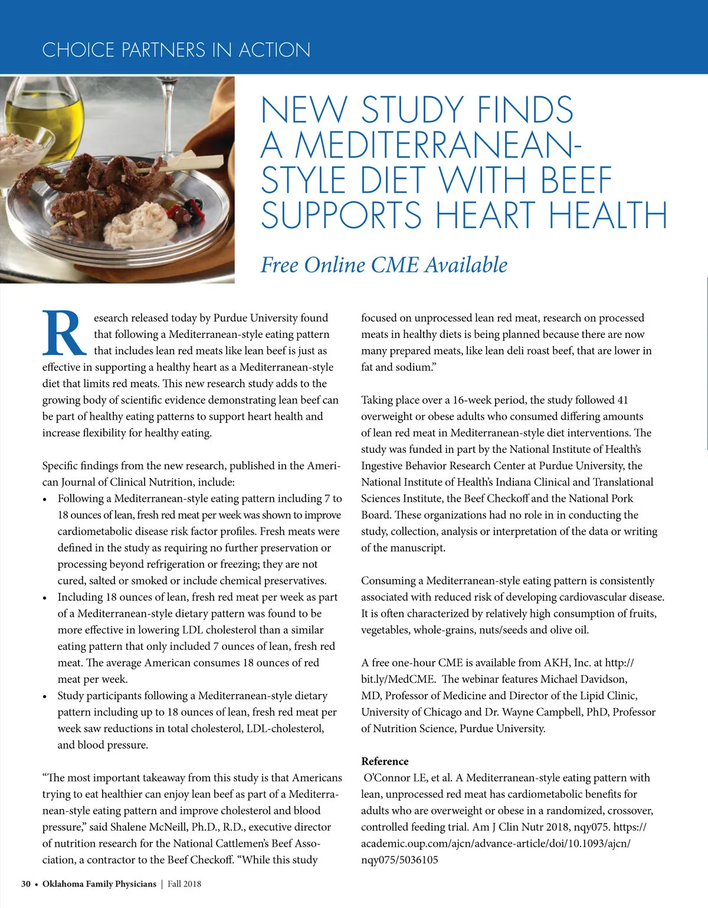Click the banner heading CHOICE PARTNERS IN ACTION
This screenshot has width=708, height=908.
(x=176, y=50)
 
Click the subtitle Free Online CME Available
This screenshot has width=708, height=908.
(x=384, y=265)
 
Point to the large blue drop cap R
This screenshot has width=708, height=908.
(x=64, y=333)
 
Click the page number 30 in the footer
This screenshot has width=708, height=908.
(x=26, y=884)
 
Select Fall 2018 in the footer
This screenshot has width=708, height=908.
(x=184, y=884)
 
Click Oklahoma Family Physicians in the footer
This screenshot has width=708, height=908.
(x=99, y=884)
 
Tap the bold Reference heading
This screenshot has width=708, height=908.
(x=385, y=761)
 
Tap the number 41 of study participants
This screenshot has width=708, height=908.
(x=622, y=400)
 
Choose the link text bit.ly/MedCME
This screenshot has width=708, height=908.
(x=398, y=679)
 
